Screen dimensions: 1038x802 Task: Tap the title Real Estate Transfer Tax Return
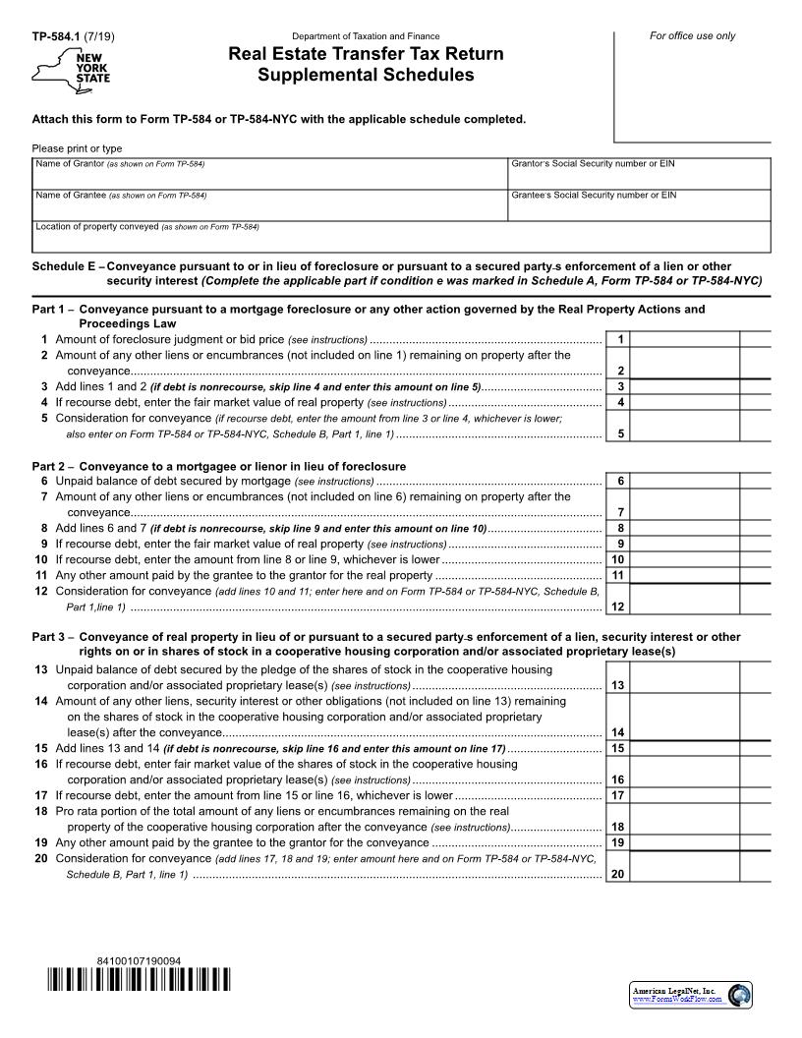(x=366, y=54)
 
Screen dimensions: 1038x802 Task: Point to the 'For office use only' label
(x=692, y=36)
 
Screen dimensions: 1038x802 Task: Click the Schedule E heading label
(x=68, y=266)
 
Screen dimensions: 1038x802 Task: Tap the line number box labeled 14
(x=618, y=732)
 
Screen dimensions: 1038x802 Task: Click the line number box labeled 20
(x=618, y=874)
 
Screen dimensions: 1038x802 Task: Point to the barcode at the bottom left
(x=139, y=980)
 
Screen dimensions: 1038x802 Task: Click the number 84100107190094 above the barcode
(x=139, y=960)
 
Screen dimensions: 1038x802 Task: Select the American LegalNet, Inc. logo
(x=691, y=995)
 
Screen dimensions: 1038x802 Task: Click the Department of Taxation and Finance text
(x=366, y=36)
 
